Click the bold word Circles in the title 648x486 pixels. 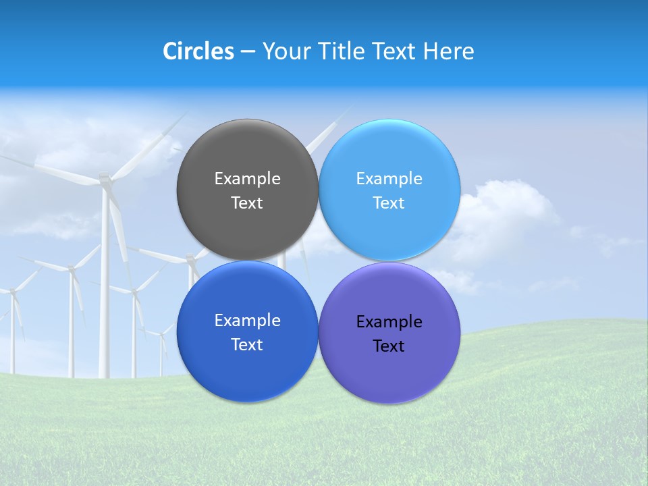tap(198, 51)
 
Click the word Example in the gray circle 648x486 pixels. tap(247, 179)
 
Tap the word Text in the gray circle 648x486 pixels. tap(247, 203)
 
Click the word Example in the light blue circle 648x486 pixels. tap(389, 179)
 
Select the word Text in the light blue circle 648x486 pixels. tap(389, 203)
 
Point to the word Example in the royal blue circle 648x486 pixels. tap(247, 321)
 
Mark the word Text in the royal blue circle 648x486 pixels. tap(247, 345)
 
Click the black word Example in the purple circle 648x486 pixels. tap(389, 322)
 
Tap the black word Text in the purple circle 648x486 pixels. tap(389, 346)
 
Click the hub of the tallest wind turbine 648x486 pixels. tap(105, 179)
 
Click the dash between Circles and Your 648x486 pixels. tap(248, 52)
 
